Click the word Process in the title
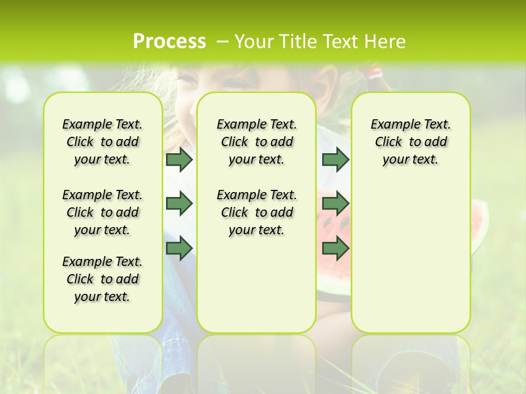pyautogui.click(x=169, y=42)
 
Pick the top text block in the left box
pyautogui.click(x=102, y=142)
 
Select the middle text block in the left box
pyautogui.click(x=102, y=212)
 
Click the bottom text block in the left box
pyautogui.click(x=102, y=279)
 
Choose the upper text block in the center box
pyautogui.click(x=256, y=142)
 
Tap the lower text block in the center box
pyautogui.click(x=256, y=212)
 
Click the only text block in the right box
pyautogui.click(x=410, y=142)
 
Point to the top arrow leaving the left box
pyautogui.click(x=179, y=159)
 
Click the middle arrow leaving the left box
pyautogui.click(x=179, y=204)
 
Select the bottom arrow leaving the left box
pyautogui.click(x=179, y=248)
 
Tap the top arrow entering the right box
pyautogui.click(x=335, y=159)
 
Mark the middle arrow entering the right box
pyautogui.click(x=335, y=204)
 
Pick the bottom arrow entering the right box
pyautogui.click(x=335, y=248)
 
